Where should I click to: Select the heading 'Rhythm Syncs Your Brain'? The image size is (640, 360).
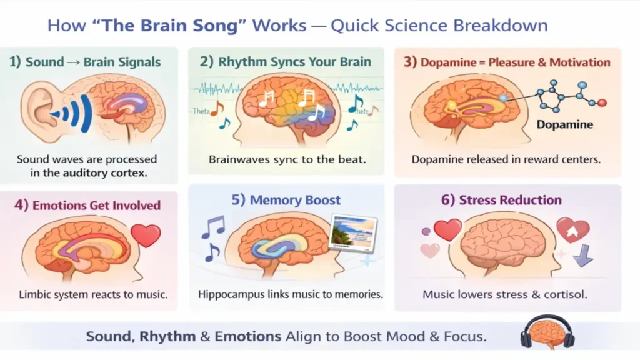[x=294, y=62]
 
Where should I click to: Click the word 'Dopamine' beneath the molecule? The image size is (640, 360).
[x=565, y=124]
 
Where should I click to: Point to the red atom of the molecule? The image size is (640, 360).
[x=602, y=102]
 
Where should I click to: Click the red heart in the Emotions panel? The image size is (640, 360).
[x=146, y=236]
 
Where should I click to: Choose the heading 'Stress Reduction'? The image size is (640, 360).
[x=510, y=200]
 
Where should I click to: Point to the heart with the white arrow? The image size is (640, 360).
[x=572, y=230]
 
